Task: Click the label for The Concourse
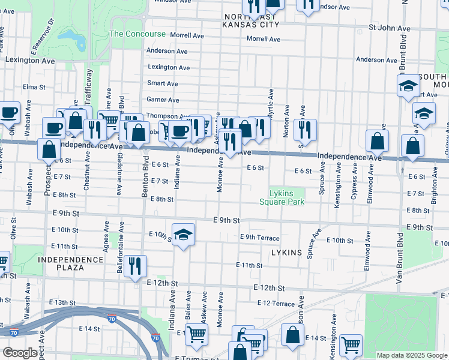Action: click(x=137, y=34)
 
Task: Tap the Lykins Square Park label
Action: click(x=286, y=197)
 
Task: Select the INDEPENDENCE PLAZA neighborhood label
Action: click(x=70, y=263)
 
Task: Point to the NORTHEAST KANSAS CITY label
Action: click(x=251, y=21)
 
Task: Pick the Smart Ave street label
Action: click(x=163, y=83)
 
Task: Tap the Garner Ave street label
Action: click(x=163, y=100)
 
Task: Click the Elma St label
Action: click(x=34, y=87)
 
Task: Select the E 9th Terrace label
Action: click(x=259, y=238)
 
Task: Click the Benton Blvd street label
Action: click(x=145, y=180)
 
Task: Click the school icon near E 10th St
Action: click(x=183, y=233)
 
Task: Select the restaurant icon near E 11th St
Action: click(x=136, y=265)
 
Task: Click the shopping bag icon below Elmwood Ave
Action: click(x=378, y=142)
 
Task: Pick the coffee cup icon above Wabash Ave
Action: click(x=9, y=112)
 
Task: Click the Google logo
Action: click(x=20, y=353)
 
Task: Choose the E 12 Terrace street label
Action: click(x=276, y=303)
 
